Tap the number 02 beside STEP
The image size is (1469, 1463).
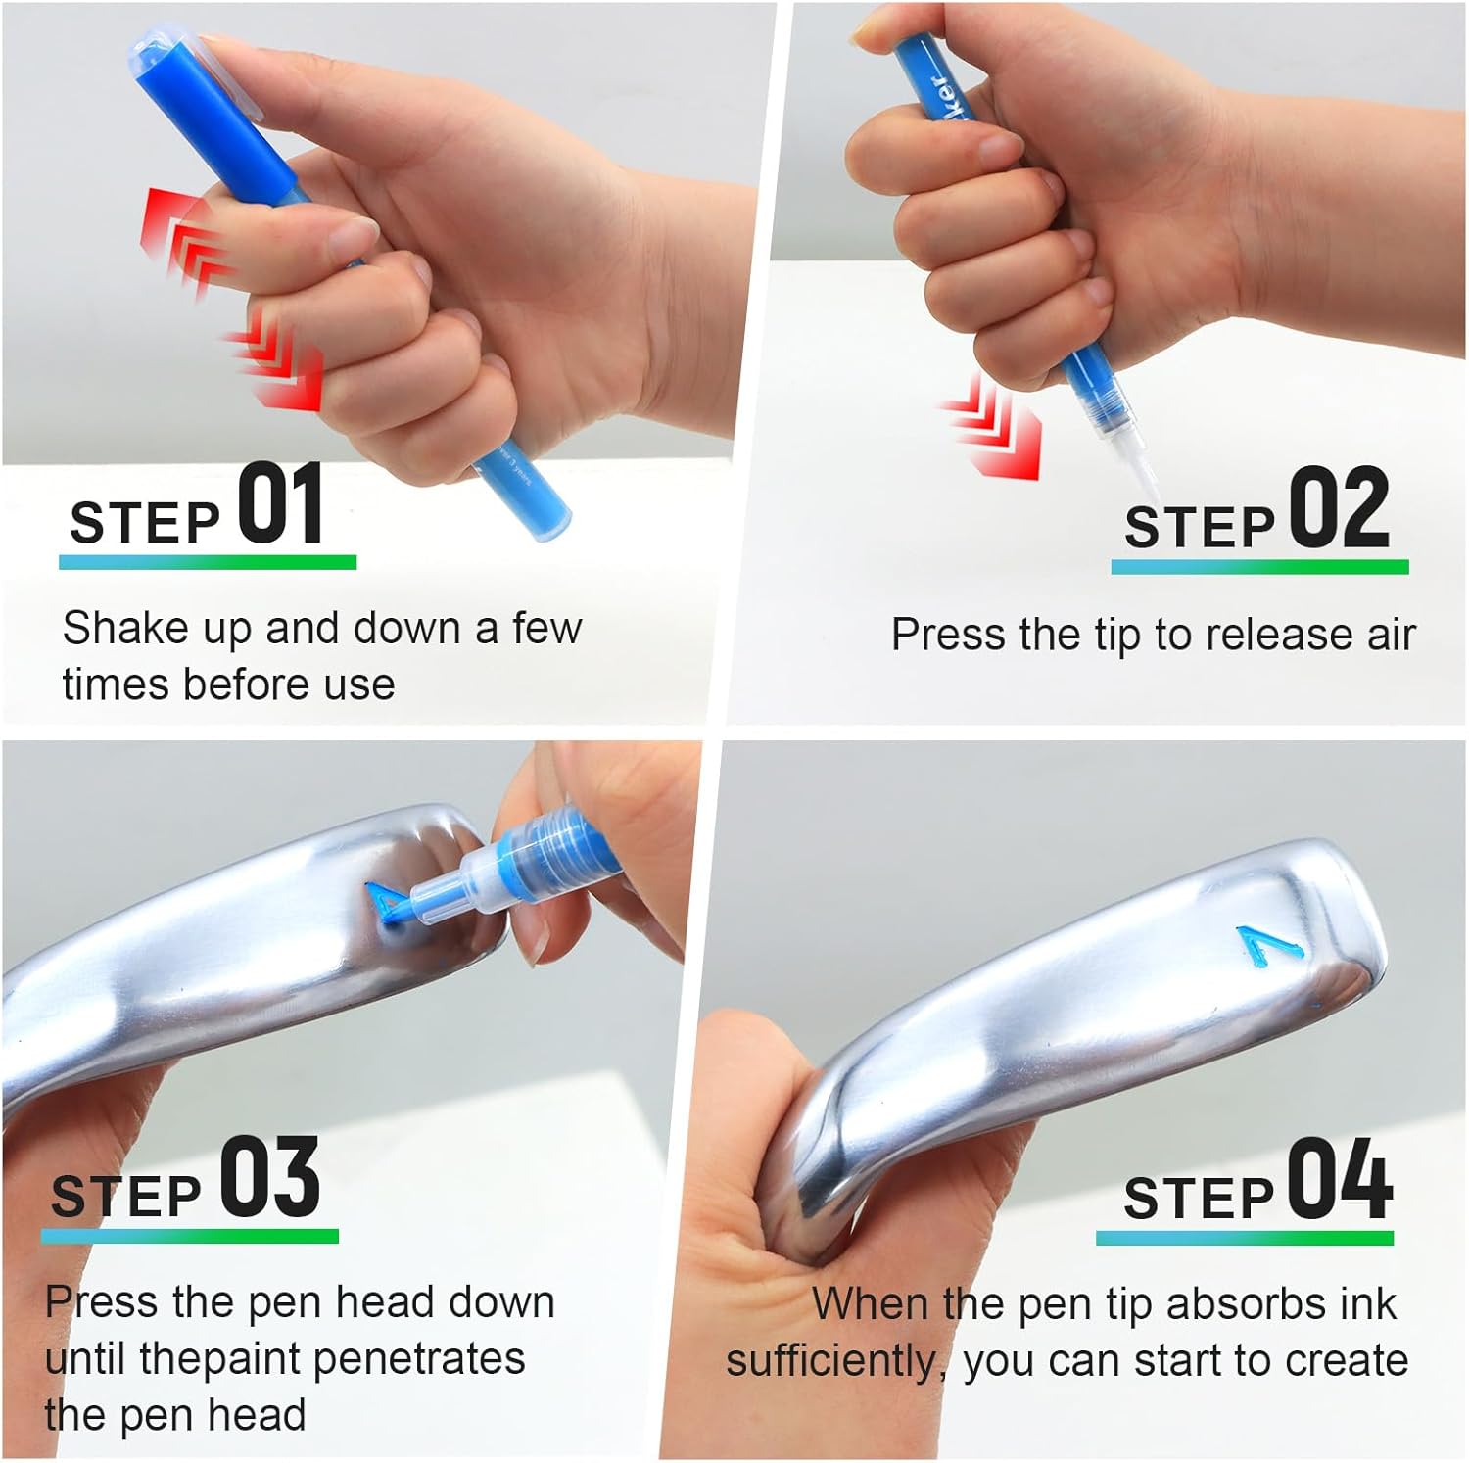tap(1339, 507)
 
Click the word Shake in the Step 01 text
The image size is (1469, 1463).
tap(127, 628)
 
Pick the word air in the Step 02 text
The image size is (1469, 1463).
tap(1392, 636)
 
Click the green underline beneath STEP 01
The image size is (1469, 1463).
tap(208, 562)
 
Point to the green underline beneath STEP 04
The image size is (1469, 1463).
tap(1245, 1239)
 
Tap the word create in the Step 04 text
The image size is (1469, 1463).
tap(1349, 1361)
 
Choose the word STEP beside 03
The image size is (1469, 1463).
tap(126, 1197)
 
